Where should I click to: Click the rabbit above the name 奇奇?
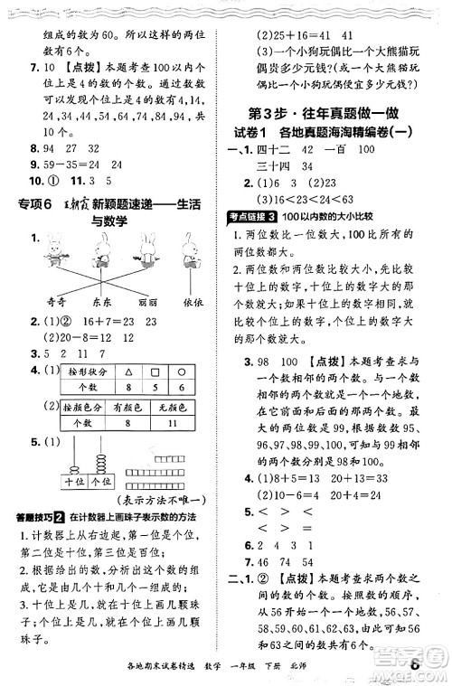[x=61, y=251]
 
